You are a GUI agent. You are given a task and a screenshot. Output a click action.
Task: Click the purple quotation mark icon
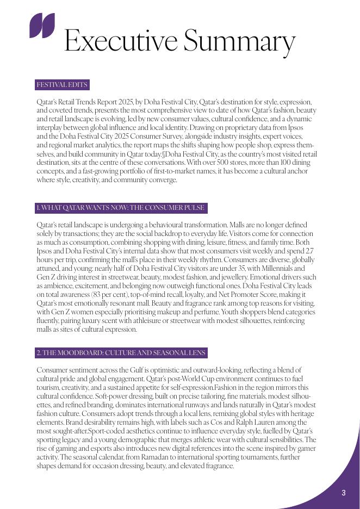coord(42,26)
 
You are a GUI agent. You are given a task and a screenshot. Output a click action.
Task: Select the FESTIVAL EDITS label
coord(61,85)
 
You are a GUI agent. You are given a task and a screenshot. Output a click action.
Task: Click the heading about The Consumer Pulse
coord(121,208)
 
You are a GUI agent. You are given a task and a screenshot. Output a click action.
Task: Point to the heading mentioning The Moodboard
coord(121,353)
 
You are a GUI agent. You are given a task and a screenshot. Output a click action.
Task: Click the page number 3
coord(344,493)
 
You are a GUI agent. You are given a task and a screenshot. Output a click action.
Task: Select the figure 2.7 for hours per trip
coord(309,251)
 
